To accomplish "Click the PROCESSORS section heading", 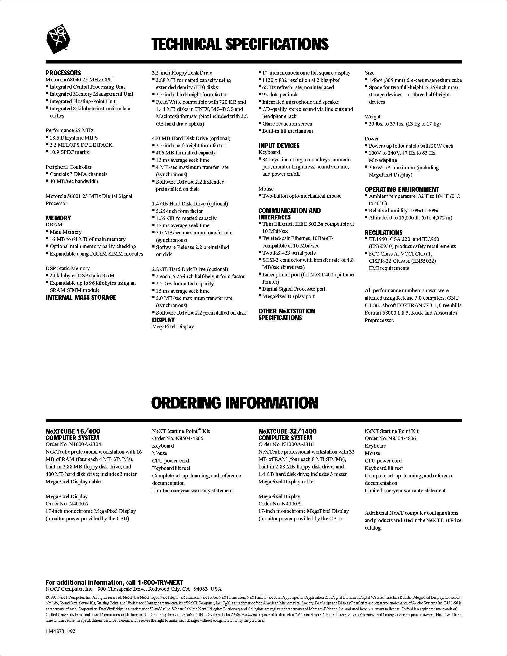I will tap(63, 73).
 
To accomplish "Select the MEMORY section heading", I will tap(58, 218).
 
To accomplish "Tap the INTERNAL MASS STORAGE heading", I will tap(81, 297).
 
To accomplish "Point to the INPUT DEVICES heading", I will tap(279, 146).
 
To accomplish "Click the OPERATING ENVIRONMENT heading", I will tap(402, 189).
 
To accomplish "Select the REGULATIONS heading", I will tap(384, 233).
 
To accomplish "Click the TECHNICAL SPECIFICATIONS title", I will tap(240, 44).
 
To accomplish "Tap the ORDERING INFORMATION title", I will tap(235, 403).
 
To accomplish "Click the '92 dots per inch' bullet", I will tap(280, 95).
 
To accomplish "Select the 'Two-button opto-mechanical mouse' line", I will tap(302, 196).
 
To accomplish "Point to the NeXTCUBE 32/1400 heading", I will tap(287, 431).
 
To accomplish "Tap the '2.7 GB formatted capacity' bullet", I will tap(185, 284).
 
